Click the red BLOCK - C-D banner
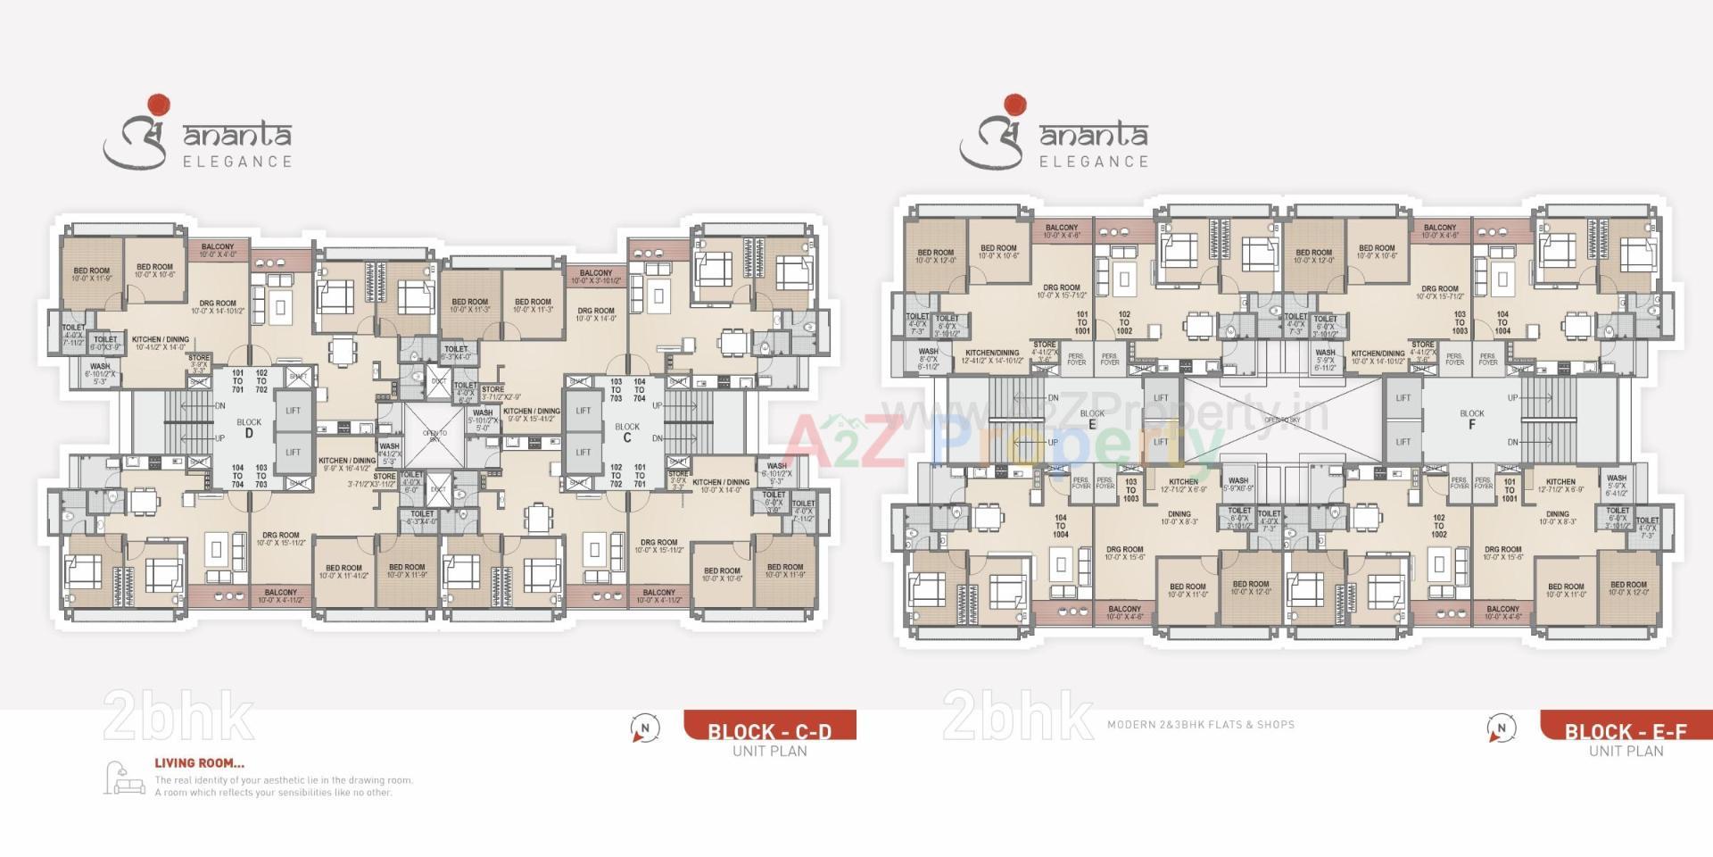point(769,726)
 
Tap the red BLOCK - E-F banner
point(1626,726)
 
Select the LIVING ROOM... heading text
point(199,763)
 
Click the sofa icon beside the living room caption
point(124,778)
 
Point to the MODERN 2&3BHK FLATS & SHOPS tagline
point(1200,725)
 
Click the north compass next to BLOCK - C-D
point(644,728)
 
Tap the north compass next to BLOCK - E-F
point(1501,728)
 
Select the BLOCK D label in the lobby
point(249,428)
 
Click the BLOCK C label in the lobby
point(627,432)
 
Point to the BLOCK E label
point(1092,419)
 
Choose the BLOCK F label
point(1471,419)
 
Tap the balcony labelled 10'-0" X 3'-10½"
point(595,277)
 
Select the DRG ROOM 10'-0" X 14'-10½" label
point(218,307)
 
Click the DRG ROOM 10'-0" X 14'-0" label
point(595,314)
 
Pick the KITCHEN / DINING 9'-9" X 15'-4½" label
point(532,415)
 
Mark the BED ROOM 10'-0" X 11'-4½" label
point(343,571)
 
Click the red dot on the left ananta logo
point(158,104)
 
